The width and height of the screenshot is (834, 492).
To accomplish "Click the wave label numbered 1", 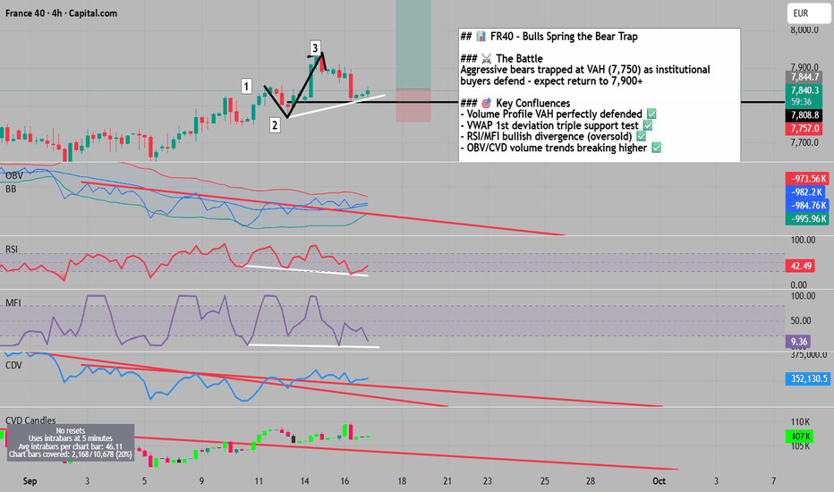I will click(245, 86).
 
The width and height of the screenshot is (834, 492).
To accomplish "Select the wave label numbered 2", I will click(275, 125).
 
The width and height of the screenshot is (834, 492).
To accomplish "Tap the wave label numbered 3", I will click(316, 47).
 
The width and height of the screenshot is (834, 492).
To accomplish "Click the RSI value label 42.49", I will click(797, 266).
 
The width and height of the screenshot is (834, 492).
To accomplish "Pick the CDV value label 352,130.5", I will click(801, 378).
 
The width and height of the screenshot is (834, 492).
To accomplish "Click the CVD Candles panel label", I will click(30, 420).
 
